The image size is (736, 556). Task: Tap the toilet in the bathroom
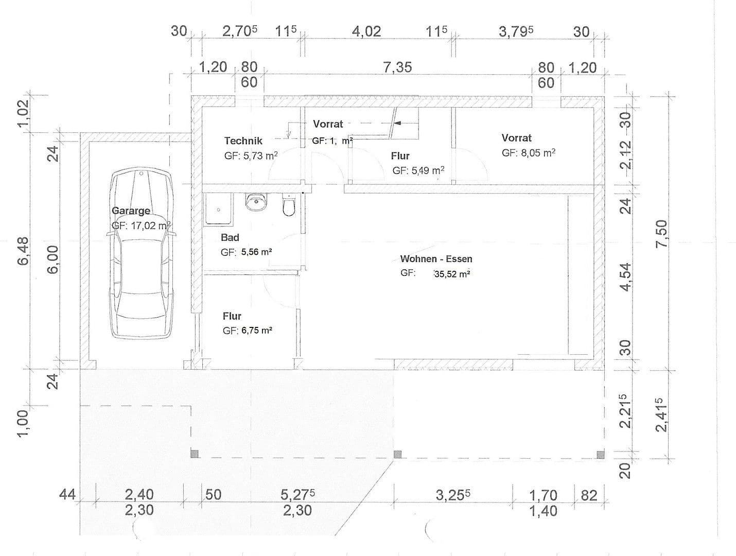(289, 205)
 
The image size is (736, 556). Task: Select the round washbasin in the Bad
(256, 202)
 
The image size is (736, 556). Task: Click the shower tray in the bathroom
(219, 210)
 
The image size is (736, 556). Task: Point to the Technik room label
(243, 141)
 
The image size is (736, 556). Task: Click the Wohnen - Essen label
(436, 259)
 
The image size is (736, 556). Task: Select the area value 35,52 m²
(452, 274)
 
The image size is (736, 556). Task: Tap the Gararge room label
(131, 211)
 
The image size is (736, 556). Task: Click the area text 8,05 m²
(529, 153)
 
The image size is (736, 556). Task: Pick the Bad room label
(230, 237)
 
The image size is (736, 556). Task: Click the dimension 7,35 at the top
(397, 67)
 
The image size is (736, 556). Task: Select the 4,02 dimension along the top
(366, 31)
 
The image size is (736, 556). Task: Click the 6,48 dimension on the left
(24, 251)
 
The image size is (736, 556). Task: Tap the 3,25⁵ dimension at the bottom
(453, 495)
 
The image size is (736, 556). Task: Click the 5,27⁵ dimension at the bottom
(297, 494)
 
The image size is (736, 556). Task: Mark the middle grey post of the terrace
(397, 454)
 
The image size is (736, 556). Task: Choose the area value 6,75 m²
(256, 331)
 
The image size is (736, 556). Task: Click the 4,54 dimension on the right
(625, 277)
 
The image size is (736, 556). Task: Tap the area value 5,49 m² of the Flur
(418, 170)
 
